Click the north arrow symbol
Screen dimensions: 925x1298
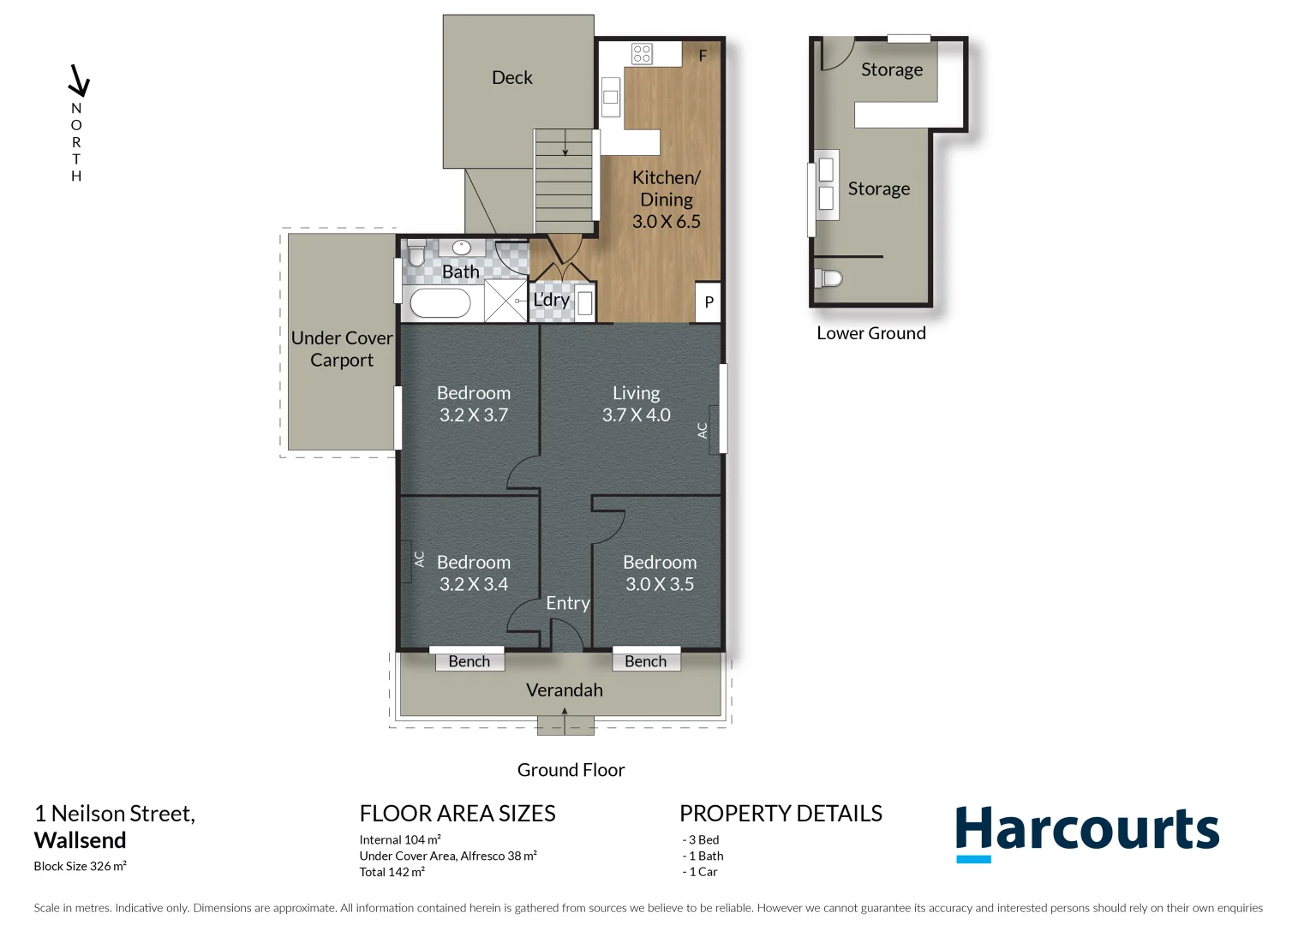(79, 81)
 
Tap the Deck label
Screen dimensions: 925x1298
(511, 78)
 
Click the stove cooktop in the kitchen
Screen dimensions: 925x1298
(642, 54)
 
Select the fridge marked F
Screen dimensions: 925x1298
(703, 56)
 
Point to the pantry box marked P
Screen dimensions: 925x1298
(708, 302)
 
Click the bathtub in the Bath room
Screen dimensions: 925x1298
(440, 303)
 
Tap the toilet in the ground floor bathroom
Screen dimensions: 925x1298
(416, 253)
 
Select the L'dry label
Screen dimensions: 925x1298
(551, 300)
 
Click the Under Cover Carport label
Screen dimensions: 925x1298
(341, 349)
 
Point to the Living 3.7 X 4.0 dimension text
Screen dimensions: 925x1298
(636, 415)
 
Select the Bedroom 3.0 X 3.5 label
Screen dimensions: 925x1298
(659, 573)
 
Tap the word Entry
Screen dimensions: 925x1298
(567, 603)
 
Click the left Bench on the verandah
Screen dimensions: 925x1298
(469, 661)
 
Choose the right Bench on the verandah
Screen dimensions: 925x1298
(645, 661)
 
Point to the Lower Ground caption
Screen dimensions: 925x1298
(870, 333)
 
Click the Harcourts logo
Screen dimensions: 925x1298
(1086, 832)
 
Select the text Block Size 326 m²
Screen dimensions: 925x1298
(80, 866)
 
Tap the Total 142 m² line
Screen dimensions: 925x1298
(392, 872)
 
